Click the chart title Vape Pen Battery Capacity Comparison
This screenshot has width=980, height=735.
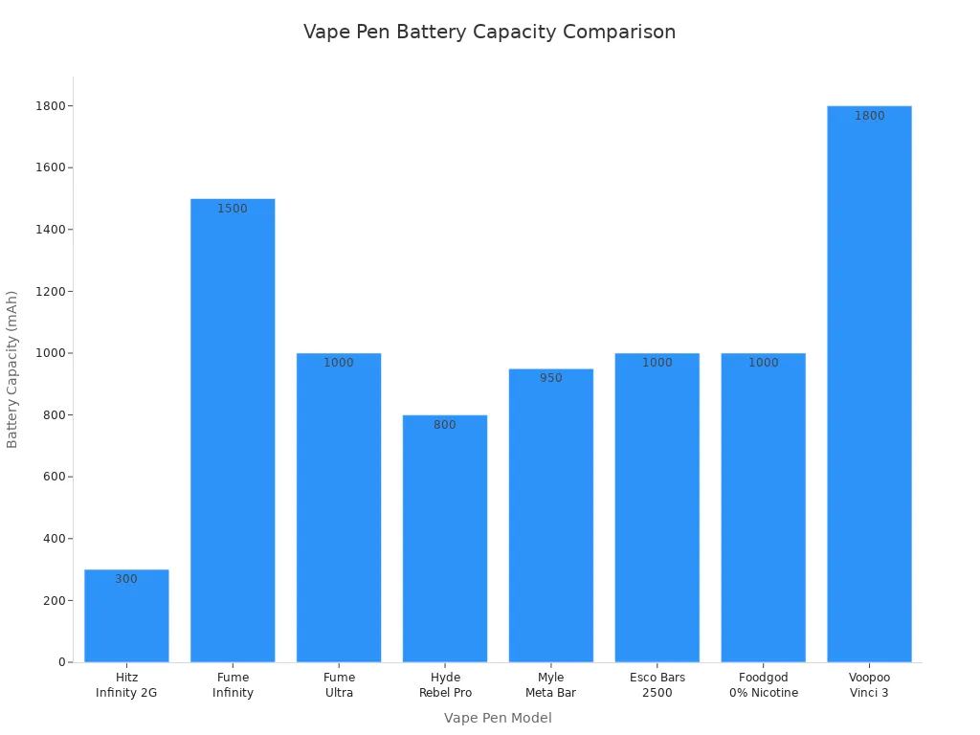point(489,32)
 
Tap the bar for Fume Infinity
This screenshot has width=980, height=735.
point(233,431)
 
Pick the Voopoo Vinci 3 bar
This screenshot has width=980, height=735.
point(869,383)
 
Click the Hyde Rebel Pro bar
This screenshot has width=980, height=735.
point(445,541)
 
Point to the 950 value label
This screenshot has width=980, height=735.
point(551,378)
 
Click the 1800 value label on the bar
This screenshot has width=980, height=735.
point(869,116)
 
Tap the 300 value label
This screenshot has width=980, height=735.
point(126,579)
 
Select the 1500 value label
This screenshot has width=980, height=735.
point(233,209)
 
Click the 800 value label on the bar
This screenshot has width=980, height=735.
point(445,425)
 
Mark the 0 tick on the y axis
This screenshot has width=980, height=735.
point(61,662)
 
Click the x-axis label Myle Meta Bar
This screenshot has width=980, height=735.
point(551,685)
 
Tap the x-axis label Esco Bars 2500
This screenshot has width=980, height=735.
point(657,685)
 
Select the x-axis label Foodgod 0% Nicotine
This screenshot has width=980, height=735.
point(764,685)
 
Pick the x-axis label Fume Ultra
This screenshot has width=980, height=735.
point(339,685)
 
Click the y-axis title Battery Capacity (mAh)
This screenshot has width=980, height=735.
point(12,369)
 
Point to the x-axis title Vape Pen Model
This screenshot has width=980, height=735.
point(498,718)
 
